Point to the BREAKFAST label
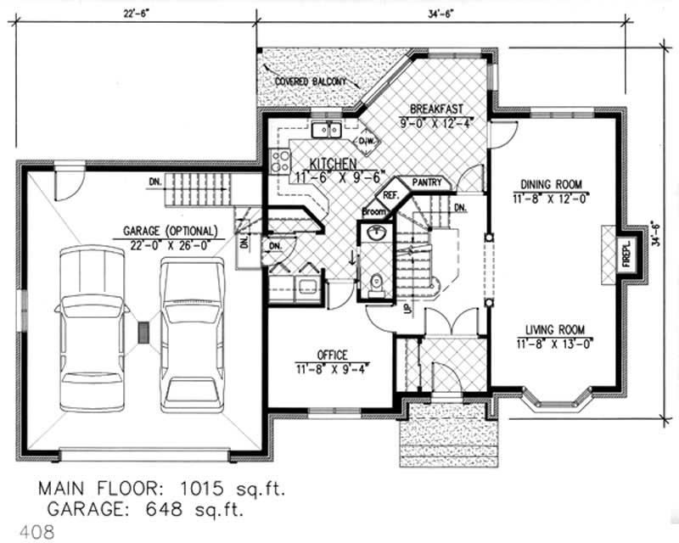pyautogui.click(x=435, y=109)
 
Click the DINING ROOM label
pyautogui.click(x=551, y=184)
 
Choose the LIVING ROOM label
pyautogui.click(x=553, y=331)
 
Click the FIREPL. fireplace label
pyautogui.click(x=626, y=252)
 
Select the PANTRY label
pyautogui.click(x=426, y=182)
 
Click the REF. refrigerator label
pyautogui.click(x=390, y=194)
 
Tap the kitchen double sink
pyautogui.click(x=325, y=130)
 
